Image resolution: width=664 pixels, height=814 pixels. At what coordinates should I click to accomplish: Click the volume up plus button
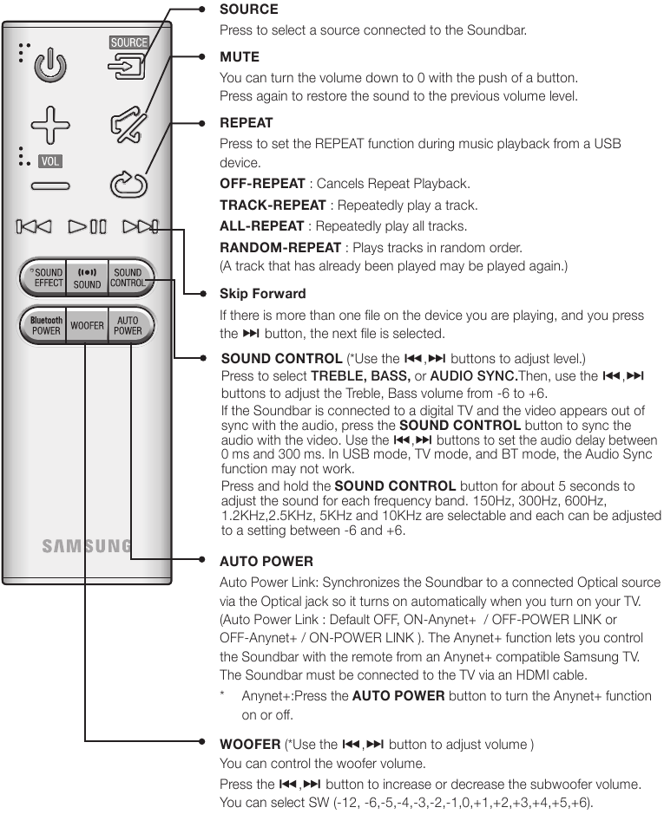point(50,125)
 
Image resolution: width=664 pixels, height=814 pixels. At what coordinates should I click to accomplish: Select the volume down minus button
point(50,185)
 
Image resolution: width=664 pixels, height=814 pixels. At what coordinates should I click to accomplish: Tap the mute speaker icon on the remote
point(128,127)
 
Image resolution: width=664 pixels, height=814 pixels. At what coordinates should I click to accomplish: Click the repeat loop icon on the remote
point(128,184)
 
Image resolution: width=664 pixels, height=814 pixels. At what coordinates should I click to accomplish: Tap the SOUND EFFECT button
point(44,277)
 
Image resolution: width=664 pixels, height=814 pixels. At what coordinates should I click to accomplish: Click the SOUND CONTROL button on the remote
point(128,277)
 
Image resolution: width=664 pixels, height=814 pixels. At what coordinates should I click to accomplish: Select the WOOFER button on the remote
point(87,326)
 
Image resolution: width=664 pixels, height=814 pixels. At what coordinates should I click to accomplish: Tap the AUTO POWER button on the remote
point(128,326)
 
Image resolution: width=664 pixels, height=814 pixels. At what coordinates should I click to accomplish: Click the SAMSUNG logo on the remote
point(87,546)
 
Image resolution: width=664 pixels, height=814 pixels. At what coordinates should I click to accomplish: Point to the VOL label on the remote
point(50,161)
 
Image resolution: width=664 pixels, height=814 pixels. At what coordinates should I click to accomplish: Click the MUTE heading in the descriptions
point(240,57)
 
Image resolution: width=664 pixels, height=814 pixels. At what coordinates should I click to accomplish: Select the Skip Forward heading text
point(262,294)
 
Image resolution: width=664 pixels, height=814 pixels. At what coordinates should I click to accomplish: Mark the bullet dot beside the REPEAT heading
point(201,123)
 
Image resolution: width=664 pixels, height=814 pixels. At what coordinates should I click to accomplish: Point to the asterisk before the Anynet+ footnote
point(224,696)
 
